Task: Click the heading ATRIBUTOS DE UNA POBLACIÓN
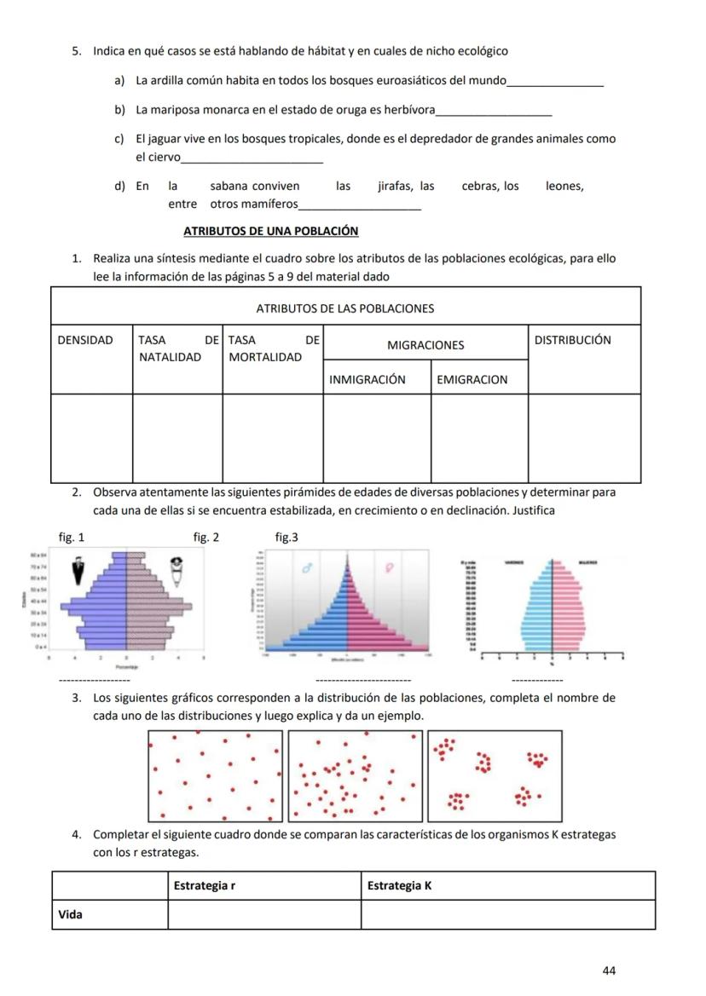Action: (270, 231)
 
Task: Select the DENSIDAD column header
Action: (85, 340)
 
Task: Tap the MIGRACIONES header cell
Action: (425, 345)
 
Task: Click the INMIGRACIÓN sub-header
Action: (367, 380)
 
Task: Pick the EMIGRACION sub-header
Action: (472, 380)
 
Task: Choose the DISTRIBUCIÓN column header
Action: (572, 340)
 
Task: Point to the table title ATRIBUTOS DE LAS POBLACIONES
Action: (345, 308)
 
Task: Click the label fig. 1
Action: (72, 538)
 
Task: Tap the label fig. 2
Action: (206, 538)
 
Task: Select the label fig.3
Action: (286, 538)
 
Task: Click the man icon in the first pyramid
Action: (79, 571)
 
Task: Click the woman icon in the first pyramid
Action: (177, 571)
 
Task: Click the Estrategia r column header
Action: (205, 886)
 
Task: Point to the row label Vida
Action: (71, 915)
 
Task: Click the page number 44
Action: (609, 970)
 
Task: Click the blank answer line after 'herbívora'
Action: (494, 112)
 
